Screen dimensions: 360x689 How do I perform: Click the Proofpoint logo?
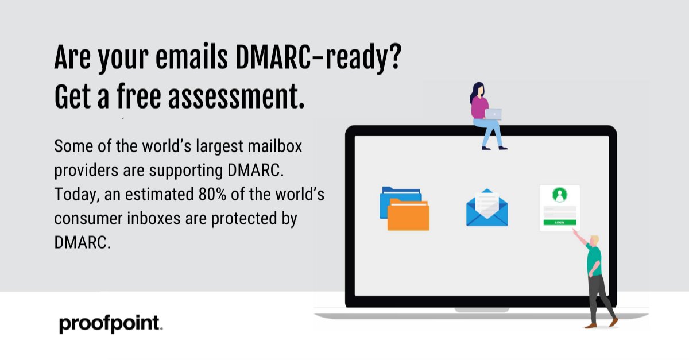pyautogui.click(x=110, y=324)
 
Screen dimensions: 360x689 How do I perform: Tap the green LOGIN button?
pyautogui.click(x=560, y=222)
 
